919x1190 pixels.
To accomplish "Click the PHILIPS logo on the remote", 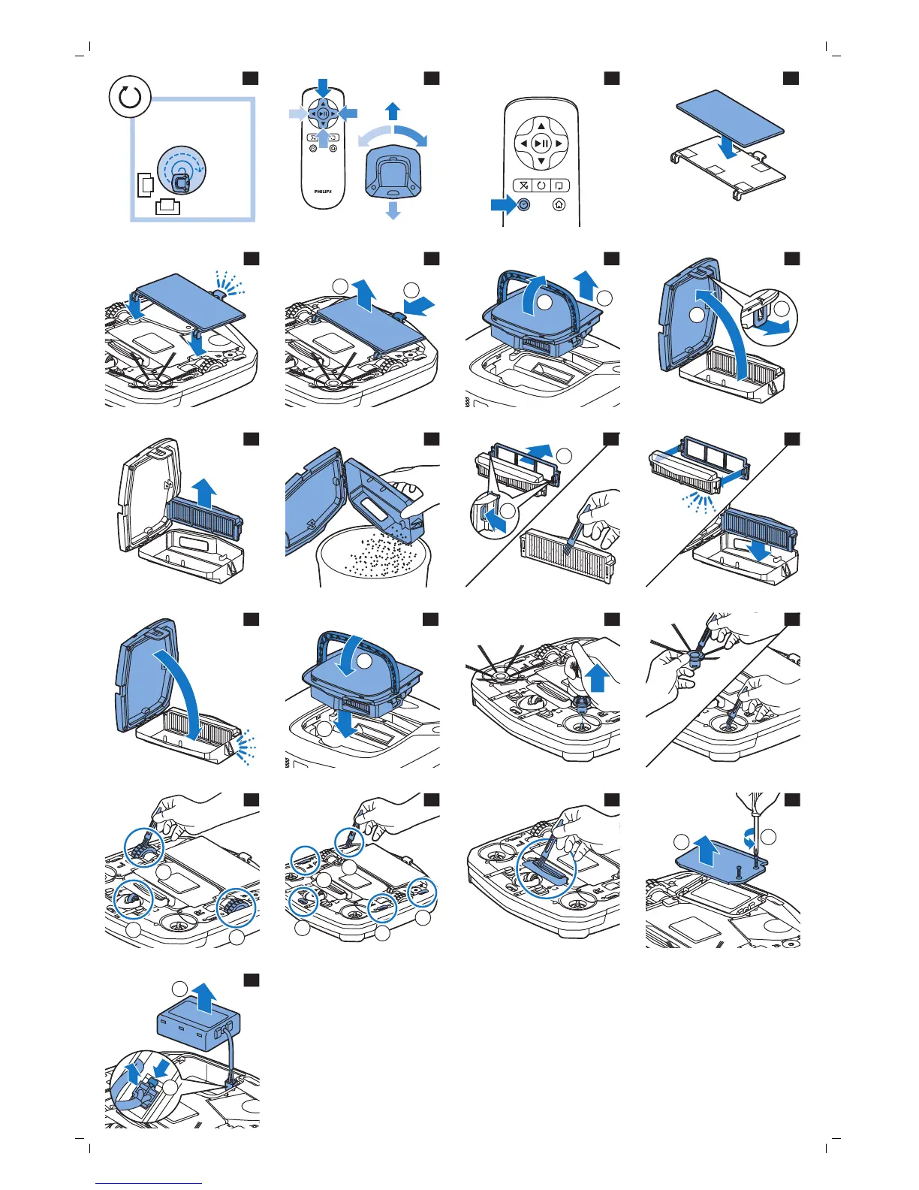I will point(323,191).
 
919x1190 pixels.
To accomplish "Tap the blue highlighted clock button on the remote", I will point(524,204).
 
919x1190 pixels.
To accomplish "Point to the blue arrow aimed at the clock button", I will point(502,204).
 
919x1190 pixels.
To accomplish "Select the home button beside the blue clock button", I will point(559,204).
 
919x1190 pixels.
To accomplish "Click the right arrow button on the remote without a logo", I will point(559,143).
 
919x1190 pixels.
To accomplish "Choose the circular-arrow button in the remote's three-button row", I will point(541,186).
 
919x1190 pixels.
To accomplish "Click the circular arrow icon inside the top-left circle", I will point(130,98).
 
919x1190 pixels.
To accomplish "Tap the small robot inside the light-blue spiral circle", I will point(179,182).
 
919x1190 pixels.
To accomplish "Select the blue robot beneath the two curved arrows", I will point(393,172).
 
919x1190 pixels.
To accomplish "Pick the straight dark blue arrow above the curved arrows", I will point(393,111).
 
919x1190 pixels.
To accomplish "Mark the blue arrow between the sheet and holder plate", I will point(727,148).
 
